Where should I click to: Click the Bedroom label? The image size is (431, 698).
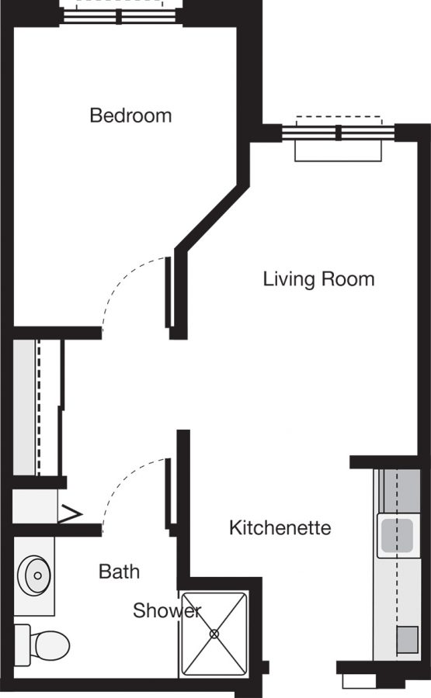coord(130,116)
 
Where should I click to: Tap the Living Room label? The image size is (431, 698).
coord(318,279)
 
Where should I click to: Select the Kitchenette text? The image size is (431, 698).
coord(280,527)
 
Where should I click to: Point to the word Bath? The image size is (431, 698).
coord(119,571)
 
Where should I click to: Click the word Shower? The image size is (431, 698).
coord(167,610)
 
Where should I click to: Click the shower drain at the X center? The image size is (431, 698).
coord(214,634)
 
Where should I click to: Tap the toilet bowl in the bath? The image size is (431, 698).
coord(52,645)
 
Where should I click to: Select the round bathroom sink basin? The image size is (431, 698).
coord(34,575)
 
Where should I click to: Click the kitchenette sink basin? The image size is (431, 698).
coord(397,535)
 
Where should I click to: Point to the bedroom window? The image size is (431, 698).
coord(119,16)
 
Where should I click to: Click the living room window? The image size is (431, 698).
coord(339,133)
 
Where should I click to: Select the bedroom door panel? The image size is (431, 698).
coord(168,292)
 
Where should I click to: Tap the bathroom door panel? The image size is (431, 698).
coord(168,494)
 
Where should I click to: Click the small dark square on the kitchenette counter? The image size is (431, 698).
coord(408,640)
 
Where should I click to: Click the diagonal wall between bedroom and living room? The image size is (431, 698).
coord(212,217)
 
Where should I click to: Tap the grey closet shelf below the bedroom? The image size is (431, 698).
coord(25,408)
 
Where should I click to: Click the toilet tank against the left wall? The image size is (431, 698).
coord(22,645)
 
